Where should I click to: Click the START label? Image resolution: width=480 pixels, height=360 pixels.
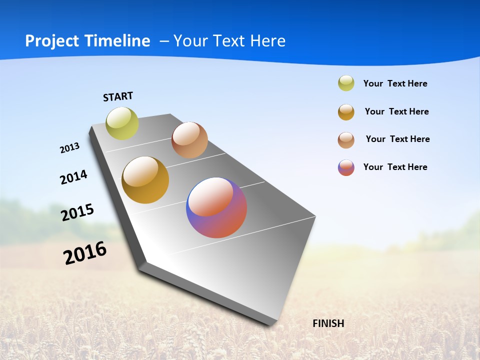[x=118, y=96]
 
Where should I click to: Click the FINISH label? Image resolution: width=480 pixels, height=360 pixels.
[x=328, y=323]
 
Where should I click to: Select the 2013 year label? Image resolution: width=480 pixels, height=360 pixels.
[x=69, y=148]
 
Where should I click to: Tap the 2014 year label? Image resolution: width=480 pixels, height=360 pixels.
[x=73, y=177]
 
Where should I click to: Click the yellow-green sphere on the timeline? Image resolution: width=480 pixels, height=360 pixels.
[x=122, y=123]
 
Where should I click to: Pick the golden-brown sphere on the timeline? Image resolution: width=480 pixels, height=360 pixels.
[x=145, y=180]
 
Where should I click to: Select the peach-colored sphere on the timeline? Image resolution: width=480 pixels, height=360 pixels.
[x=189, y=140]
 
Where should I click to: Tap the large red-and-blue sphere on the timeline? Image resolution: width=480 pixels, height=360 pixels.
[x=216, y=207]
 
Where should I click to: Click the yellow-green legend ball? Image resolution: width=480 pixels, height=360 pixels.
[x=346, y=83]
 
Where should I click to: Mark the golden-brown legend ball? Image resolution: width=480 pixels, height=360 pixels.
[x=346, y=112]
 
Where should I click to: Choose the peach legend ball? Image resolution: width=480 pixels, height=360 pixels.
[x=346, y=140]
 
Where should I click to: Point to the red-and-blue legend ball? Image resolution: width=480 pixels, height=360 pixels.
[x=346, y=167]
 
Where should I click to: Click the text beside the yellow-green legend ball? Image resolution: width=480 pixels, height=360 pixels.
[x=395, y=83]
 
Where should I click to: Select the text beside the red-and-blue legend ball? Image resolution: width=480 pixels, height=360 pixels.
[x=395, y=167]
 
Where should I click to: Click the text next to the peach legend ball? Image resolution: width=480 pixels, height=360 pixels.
[x=397, y=139]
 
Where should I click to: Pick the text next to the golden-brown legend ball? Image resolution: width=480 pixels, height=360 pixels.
[x=396, y=111]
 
